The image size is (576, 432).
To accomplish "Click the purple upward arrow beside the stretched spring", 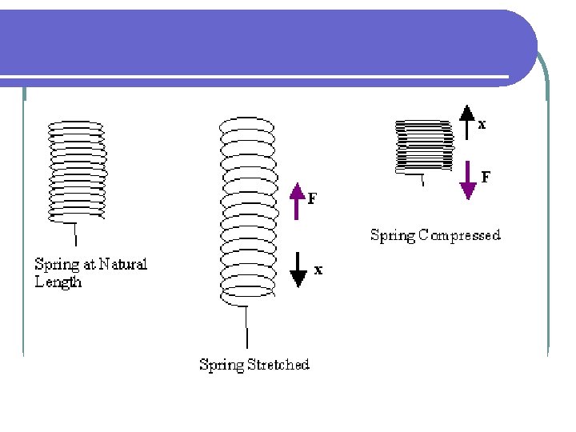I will (x=298, y=201).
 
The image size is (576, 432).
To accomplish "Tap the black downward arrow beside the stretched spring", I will (x=298, y=270).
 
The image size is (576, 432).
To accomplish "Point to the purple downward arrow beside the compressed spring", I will (x=467, y=181).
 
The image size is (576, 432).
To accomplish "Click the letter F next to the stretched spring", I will (x=312, y=198).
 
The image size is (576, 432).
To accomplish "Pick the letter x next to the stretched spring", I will (x=318, y=270).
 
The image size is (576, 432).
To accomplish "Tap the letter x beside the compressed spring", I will (x=482, y=125).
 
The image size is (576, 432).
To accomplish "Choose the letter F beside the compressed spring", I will (x=486, y=177).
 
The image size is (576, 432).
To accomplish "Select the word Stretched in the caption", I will (x=278, y=365).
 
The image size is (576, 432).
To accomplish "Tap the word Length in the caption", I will (x=58, y=282).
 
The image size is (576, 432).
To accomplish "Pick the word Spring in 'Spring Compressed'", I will (x=393, y=235).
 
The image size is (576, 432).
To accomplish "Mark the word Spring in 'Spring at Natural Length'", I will (x=56, y=264).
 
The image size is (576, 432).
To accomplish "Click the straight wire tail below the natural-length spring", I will (x=75, y=233).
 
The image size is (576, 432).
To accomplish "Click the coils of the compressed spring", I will (x=423, y=146).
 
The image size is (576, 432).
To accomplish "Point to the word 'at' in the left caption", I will (x=88, y=263).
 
